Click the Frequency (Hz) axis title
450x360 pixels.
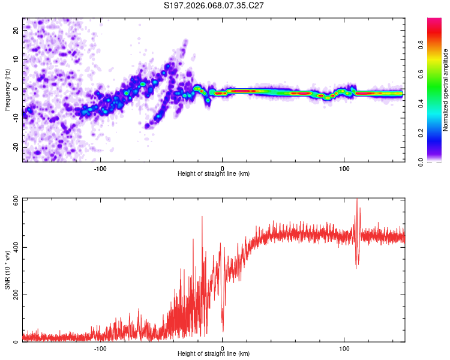7,89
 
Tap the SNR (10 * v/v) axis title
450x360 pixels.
7,270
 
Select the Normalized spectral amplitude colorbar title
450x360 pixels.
446,90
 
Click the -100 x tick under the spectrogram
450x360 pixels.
100,167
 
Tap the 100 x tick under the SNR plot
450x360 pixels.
344,348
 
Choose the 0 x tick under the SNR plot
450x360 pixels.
222,348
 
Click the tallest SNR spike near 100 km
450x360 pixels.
357,200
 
